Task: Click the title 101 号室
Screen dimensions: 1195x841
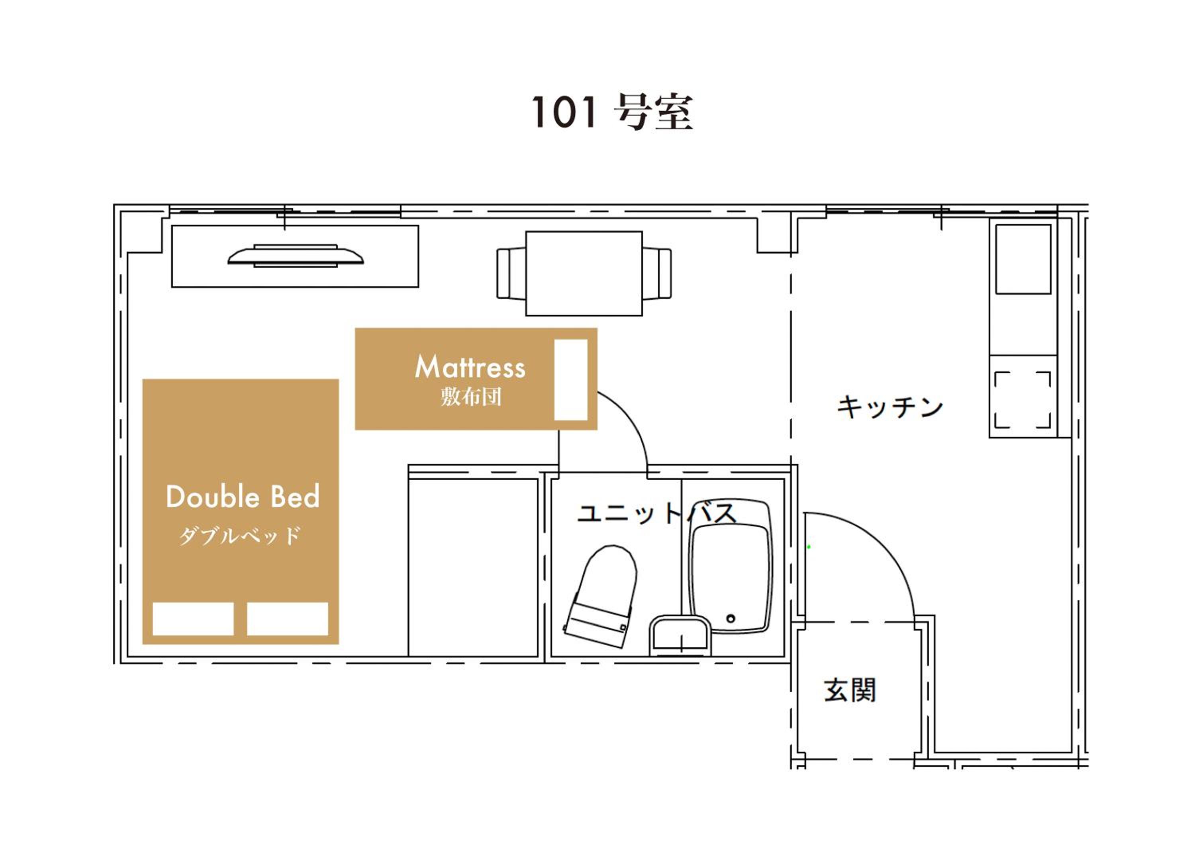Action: pyautogui.click(x=612, y=112)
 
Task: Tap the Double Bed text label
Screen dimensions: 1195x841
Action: pyautogui.click(x=243, y=497)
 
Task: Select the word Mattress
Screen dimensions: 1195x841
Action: pyautogui.click(x=470, y=367)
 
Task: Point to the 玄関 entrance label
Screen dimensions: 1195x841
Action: pyautogui.click(x=850, y=690)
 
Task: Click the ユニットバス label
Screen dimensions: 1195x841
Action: pyautogui.click(x=657, y=513)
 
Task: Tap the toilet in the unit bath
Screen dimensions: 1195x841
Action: pyautogui.click(x=601, y=596)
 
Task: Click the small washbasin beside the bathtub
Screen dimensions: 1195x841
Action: pyautogui.click(x=680, y=636)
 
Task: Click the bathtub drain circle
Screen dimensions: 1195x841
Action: pyautogui.click(x=731, y=619)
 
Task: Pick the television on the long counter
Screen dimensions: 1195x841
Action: pyautogui.click(x=296, y=255)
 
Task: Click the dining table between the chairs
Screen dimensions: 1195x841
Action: pyautogui.click(x=584, y=273)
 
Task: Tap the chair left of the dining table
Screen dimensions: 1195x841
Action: pyautogui.click(x=511, y=273)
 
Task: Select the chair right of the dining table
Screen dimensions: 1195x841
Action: pyautogui.click(x=657, y=273)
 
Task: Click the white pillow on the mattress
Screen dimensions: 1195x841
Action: pyautogui.click(x=571, y=379)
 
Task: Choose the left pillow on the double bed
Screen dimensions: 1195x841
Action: pyautogui.click(x=193, y=619)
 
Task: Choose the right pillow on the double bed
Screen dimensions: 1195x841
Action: pyautogui.click(x=287, y=619)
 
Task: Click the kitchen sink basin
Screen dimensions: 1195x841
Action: pyautogui.click(x=1023, y=259)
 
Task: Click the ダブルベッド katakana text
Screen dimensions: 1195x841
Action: pyautogui.click(x=240, y=535)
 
